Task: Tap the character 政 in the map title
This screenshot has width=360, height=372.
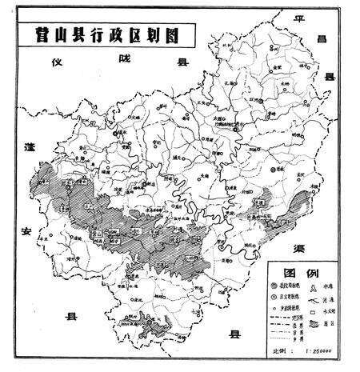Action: tap(115, 34)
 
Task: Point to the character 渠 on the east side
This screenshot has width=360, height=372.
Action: tap(330, 246)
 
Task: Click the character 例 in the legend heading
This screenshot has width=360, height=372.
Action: tap(312, 273)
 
